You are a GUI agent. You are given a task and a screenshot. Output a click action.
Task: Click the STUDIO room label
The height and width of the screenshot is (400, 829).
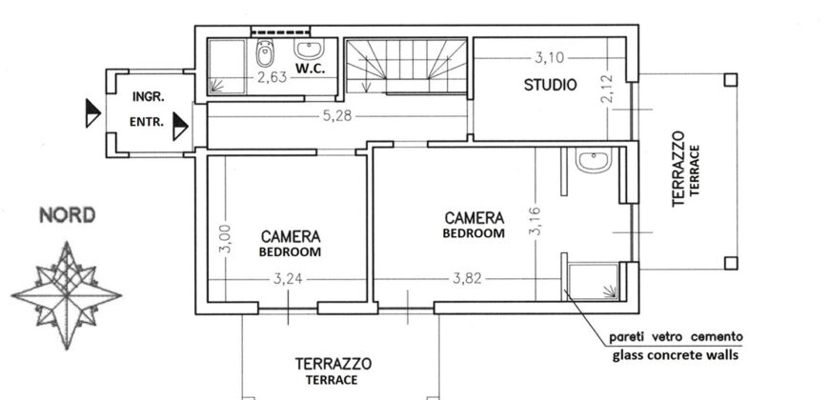(x=550, y=85)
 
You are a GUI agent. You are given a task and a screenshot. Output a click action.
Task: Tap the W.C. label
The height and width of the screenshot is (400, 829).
(x=311, y=69)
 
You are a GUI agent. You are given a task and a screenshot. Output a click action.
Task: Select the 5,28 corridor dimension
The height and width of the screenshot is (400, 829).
(x=337, y=116)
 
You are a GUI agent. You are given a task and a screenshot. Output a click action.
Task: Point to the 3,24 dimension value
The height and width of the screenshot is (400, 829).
(x=288, y=278)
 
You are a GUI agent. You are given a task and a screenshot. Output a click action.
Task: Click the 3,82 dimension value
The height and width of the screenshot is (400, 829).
(x=467, y=278)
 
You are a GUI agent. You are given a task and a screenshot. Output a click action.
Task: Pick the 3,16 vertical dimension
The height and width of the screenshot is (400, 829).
(x=536, y=221)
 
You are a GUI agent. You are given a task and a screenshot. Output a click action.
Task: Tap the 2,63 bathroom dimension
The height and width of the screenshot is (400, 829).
(x=272, y=78)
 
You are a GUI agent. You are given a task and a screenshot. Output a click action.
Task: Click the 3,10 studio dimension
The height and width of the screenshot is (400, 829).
(x=549, y=57)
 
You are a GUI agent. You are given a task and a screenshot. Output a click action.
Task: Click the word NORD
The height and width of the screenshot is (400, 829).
(x=68, y=215)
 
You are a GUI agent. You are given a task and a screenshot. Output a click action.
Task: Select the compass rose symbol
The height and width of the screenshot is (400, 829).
(x=67, y=295)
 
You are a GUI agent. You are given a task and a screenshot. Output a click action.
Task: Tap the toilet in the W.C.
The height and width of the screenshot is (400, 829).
(x=264, y=53)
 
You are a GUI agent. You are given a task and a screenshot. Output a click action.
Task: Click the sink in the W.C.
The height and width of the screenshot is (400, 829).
(x=309, y=50)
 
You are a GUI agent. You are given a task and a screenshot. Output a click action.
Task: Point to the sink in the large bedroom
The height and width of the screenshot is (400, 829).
(x=594, y=160)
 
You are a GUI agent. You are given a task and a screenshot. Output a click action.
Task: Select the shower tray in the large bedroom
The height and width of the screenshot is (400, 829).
(x=594, y=282)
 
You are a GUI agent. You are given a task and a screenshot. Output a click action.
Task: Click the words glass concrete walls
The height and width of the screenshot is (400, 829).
(x=676, y=355)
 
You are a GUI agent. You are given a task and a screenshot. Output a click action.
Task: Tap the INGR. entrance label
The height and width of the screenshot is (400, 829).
(x=148, y=97)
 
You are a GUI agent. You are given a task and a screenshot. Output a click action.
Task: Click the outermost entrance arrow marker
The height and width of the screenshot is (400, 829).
(x=93, y=113)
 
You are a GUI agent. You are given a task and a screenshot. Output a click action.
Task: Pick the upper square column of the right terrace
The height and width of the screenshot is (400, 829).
(x=730, y=80)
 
